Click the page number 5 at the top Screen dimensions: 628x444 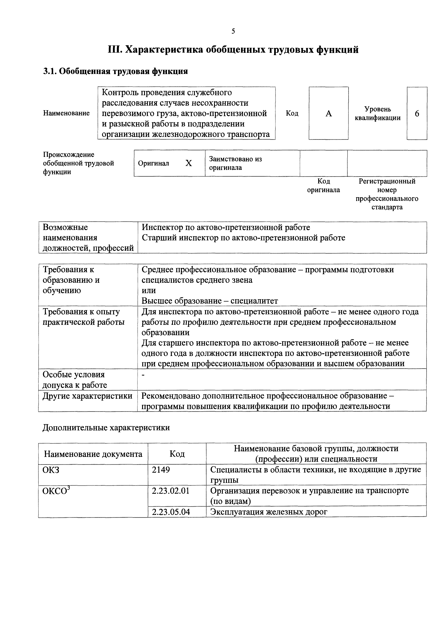click(233, 31)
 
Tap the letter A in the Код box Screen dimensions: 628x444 click(329, 113)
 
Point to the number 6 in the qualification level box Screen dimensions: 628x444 click(417, 113)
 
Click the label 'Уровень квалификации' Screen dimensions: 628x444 click(378, 113)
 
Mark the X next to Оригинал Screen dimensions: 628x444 click(188, 163)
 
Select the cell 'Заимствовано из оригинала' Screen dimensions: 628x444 click(235, 163)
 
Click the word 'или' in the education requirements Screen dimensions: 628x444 click(149, 290)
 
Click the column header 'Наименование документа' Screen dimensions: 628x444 click(93, 454)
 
